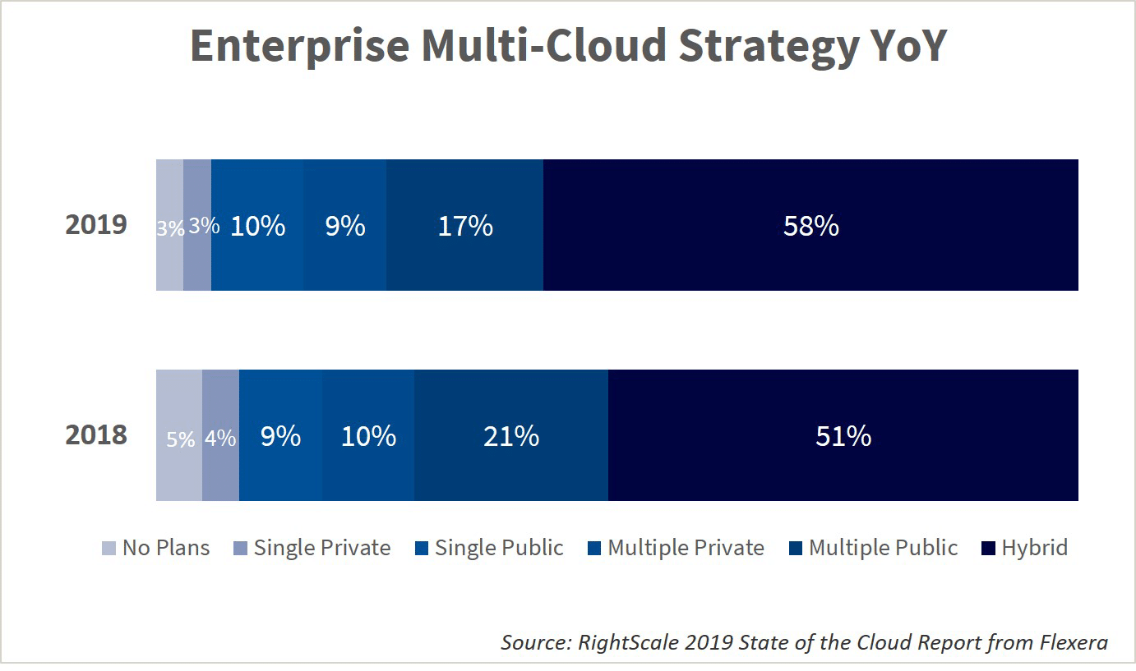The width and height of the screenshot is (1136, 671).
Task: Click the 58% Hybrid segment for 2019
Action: click(810, 225)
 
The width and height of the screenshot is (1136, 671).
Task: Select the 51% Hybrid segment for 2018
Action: click(843, 435)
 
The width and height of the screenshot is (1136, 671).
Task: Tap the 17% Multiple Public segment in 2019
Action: click(464, 225)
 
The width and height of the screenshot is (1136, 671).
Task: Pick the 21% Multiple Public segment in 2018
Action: click(510, 435)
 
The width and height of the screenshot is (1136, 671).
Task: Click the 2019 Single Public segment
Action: click(257, 225)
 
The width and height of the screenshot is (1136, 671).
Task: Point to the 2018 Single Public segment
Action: click(280, 435)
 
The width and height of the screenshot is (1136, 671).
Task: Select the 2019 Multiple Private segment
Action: click(344, 225)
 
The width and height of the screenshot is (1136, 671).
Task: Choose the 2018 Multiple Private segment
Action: click(368, 435)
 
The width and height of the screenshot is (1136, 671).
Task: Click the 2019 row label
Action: click(96, 225)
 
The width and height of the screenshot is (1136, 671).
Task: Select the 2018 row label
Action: click(96, 435)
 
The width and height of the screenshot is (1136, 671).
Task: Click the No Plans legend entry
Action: click(156, 548)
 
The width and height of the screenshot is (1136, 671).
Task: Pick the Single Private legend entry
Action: click(312, 548)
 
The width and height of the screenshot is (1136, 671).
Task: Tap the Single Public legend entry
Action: click(489, 548)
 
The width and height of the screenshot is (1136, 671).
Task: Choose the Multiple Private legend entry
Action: click(677, 548)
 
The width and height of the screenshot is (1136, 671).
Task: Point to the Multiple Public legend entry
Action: click(874, 548)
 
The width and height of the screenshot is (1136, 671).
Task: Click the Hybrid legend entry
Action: click(1025, 548)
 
